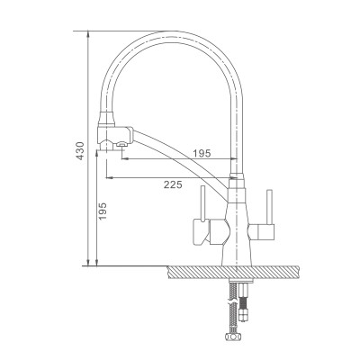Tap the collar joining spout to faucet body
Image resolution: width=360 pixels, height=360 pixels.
click(236, 180)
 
